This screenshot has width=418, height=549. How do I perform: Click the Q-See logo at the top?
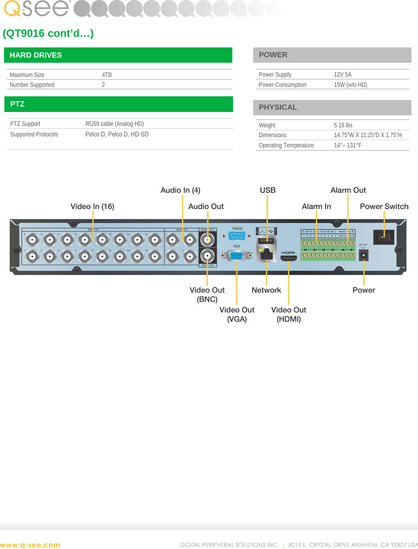tap(36, 8)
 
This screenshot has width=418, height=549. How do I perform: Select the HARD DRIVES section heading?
tap(36, 55)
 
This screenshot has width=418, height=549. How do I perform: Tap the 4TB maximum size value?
tap(107, 75)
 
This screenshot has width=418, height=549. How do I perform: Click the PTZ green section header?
tap(18, 104)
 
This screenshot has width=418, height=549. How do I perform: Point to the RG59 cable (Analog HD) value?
tap(115, 124)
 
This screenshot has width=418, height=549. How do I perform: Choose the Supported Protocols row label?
tap(34, 134)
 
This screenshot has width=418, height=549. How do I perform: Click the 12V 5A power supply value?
tap(342, 74)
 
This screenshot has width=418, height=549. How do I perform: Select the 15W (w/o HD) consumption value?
tap(350, 85)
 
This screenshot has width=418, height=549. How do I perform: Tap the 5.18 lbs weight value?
tap(343, 125)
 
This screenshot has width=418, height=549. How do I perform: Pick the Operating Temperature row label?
tap(286, 145)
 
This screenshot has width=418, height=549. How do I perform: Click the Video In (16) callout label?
tap(92, 206)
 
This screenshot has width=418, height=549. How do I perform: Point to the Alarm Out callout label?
tap(348, 190)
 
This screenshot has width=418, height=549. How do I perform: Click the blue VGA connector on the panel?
tap(237, 255)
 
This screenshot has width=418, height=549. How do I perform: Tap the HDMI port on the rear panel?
tap(289, 258)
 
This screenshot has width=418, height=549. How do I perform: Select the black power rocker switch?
tap(383, 237)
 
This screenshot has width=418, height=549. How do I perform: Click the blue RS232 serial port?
tap(237, 236)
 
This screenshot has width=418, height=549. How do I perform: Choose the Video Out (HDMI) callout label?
tap(289, 314)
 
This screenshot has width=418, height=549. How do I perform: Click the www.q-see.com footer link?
tap(30, 545)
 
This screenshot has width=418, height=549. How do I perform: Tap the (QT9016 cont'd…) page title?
tap(48, 33)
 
